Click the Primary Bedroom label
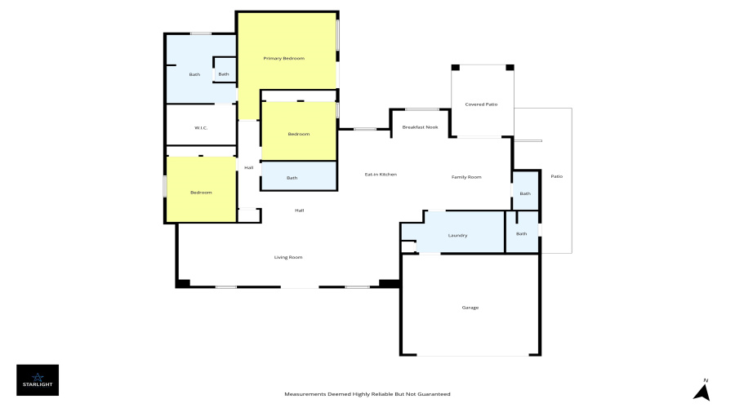283,59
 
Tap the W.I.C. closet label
201,128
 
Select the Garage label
470,308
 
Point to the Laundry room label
457,236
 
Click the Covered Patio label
481,104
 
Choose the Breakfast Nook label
420,127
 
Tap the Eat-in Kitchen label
381,175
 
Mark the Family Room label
466,177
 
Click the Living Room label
288,257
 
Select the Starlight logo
38,380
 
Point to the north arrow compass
702,390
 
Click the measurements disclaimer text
367,394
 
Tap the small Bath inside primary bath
224,74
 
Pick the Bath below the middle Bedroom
292,178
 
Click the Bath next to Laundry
522,233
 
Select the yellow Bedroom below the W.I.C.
201,193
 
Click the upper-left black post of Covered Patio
455,68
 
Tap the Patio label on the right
556,176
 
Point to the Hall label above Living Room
300,211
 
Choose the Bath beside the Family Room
525,193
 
